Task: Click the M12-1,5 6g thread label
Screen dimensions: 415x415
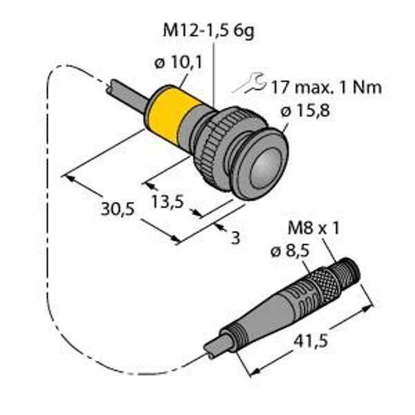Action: click(209, 31)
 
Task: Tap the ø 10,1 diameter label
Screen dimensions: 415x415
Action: click(178, 63)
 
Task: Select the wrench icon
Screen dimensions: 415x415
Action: click(249, 83)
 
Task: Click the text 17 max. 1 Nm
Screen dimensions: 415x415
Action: click(326, 87)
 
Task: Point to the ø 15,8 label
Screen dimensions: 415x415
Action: click(305, 110)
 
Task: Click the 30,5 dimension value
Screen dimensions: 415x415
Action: click(118, 209)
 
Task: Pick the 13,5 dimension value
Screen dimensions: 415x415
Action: click(167, 202)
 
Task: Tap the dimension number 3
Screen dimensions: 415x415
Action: click(235, 237)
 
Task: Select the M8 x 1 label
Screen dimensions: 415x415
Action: click(313, 228)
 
